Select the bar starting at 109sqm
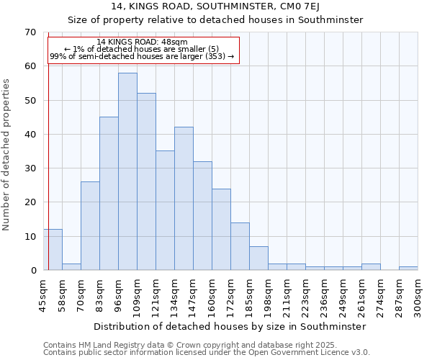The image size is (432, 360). [x=146, y=181]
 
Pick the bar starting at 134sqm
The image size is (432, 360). [x=184, y=199]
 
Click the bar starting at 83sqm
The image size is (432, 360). [x=109, y=194]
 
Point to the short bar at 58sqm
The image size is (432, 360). [x=71, y=266]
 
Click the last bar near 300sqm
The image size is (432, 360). [x=408, y=269]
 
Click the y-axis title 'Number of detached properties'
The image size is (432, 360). [x=7, y=155]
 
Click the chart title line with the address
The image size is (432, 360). [x=215, y=6]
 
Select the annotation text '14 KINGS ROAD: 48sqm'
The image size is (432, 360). [x=142, y=42]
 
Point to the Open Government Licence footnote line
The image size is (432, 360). [x=207, y=353]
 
